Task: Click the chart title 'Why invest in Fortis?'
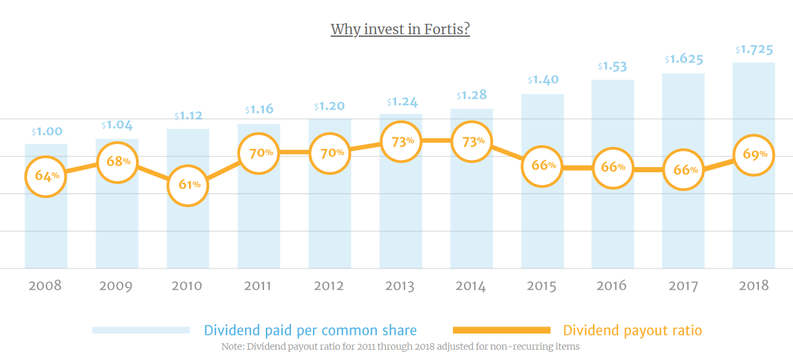click(400, 30)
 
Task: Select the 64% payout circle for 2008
click(46, 175)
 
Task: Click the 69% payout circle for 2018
click(754, 155)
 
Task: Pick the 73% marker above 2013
click(401, 141)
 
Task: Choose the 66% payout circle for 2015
click(543, 165)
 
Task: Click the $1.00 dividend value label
click(46, 132)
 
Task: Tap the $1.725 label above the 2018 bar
click(754, 50)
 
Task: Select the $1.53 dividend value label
click(612, 66)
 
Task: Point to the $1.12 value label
click(188, 116)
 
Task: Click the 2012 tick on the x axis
click(328, 286)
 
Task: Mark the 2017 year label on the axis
click(682, 286)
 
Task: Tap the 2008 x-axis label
click(45, 286)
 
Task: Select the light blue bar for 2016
click(612, 232)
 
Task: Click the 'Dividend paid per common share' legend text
click(310, 330)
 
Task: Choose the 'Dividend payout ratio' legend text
click(632, 330)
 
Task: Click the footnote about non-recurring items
click(400, 346)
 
